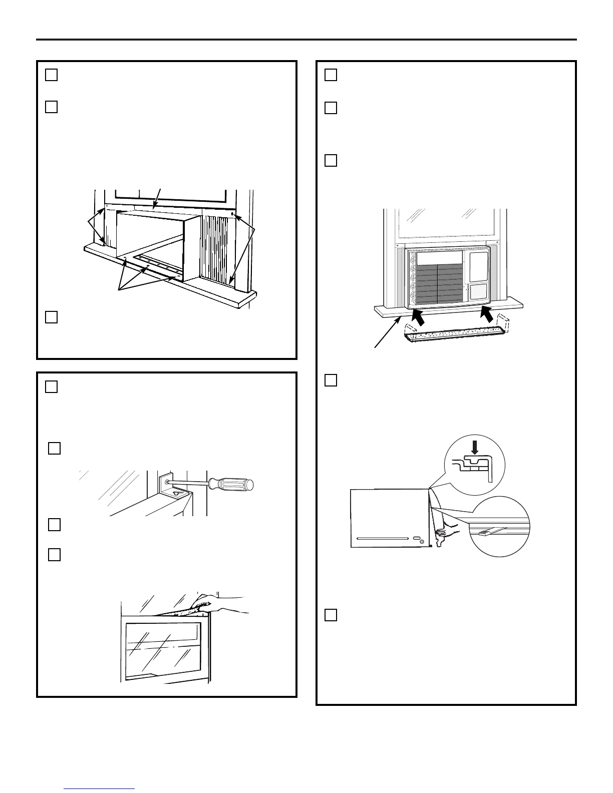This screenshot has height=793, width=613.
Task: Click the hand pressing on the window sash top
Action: click(x=215, y=602)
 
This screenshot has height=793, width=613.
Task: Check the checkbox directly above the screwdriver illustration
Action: click(x=55, y=448)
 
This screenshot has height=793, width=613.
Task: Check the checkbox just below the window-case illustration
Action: click(x=51, y=317)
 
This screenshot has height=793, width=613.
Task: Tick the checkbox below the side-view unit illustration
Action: click(x=331, y=615)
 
